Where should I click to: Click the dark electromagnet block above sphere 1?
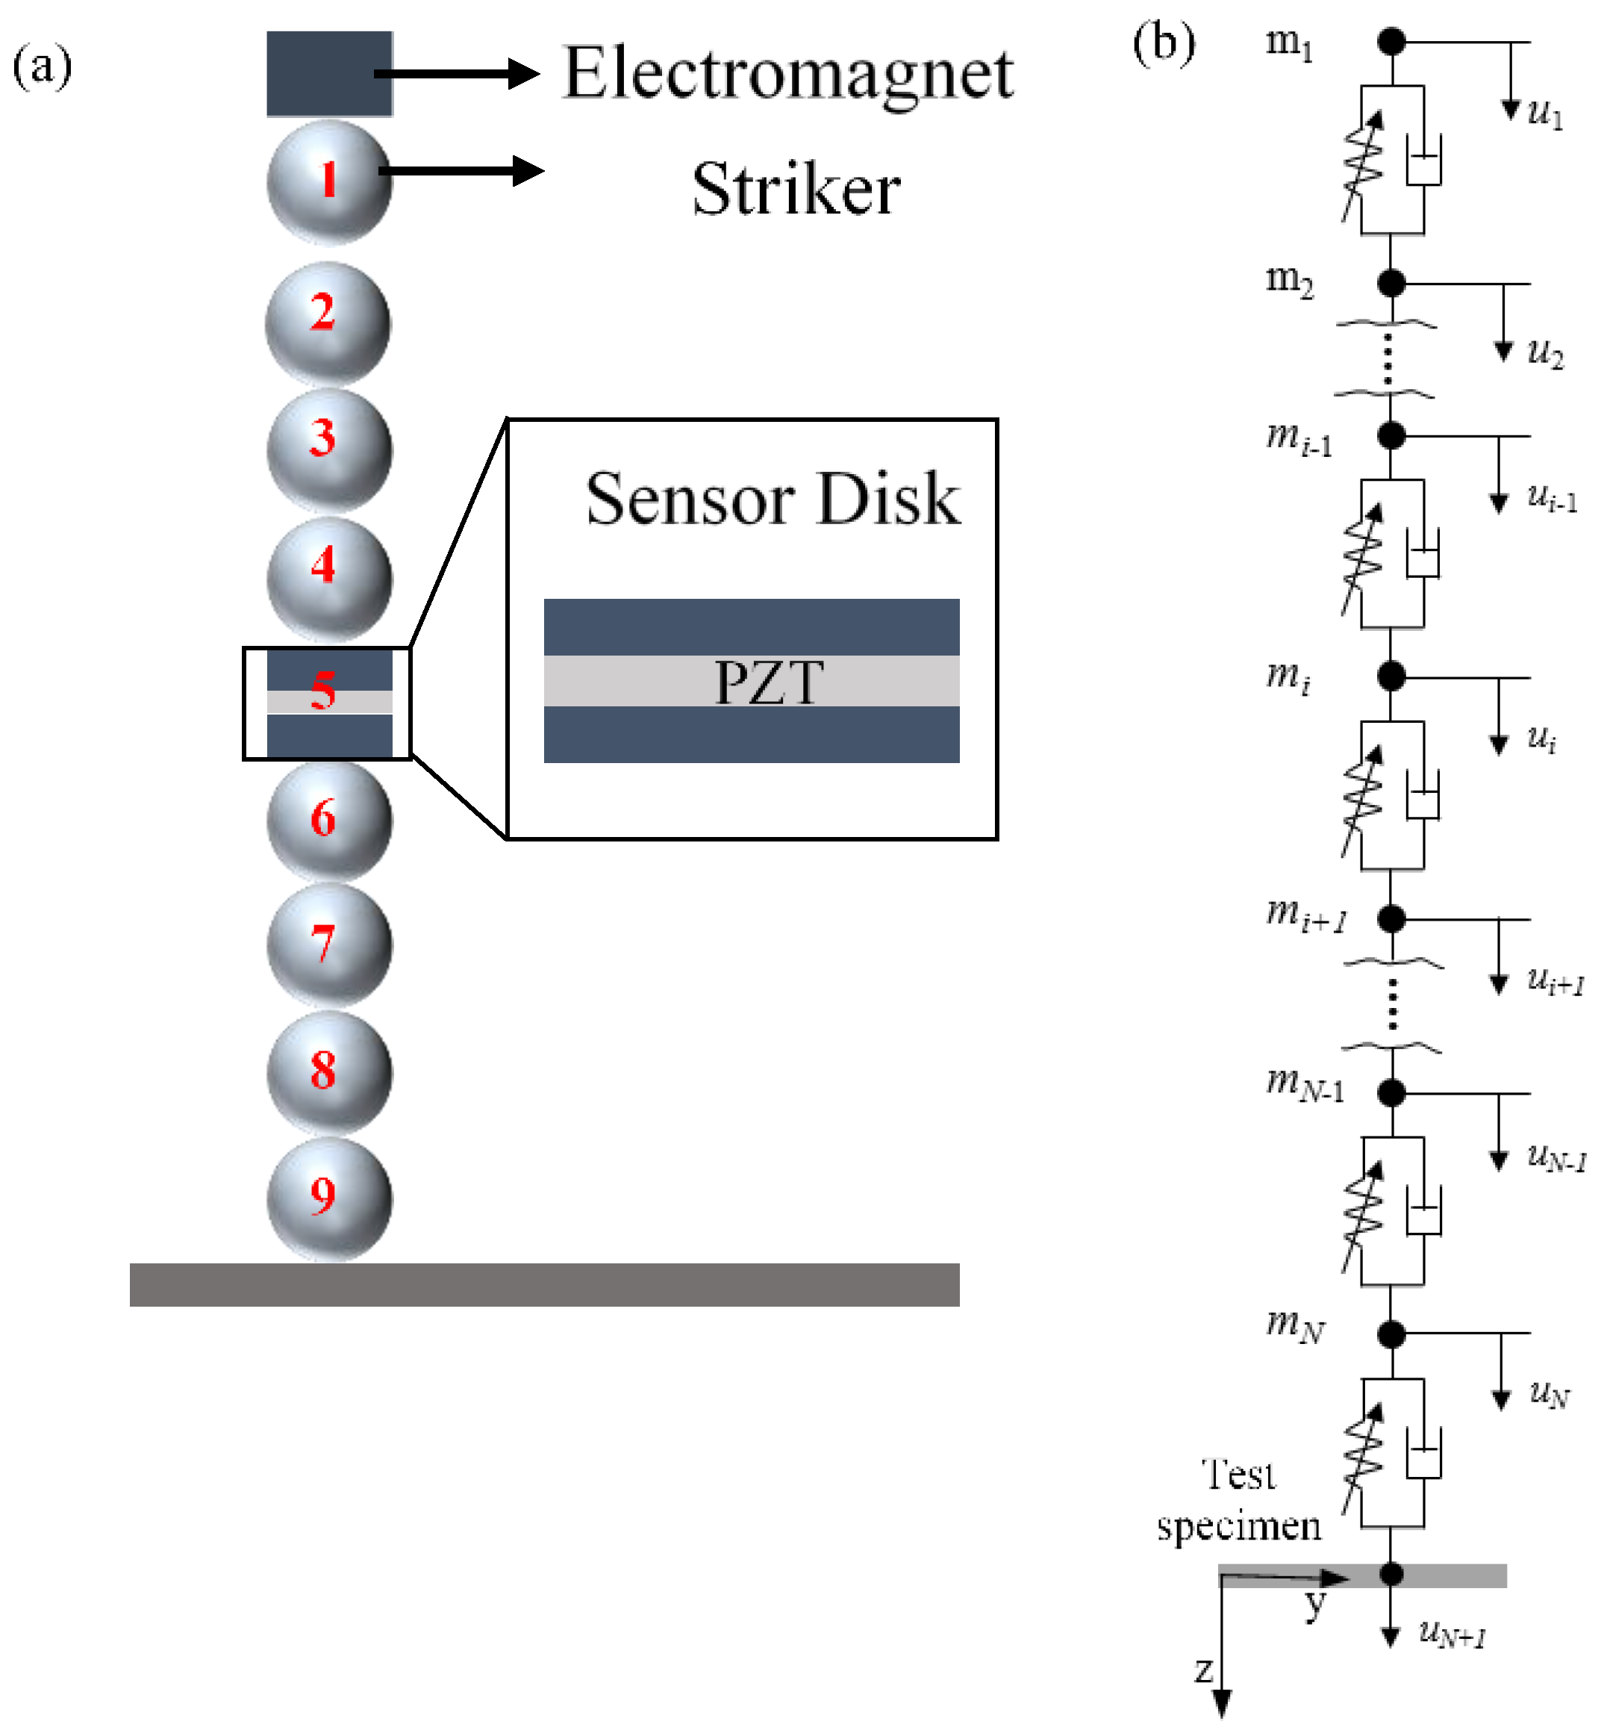point(329,74)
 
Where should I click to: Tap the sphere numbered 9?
point(329,1198)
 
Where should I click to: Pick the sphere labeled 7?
point(329,945)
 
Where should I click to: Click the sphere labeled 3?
point(329,449)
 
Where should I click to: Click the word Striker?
point(796,189)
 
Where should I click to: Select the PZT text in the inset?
point(769,682)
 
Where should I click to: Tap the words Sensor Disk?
point(772,500)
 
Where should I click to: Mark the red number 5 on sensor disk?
point(323,691)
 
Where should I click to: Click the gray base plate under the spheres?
point(544,1284)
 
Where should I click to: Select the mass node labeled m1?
point(1391,41)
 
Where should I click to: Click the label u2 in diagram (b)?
point(1545,352)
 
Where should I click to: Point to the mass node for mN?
point(1391,1334)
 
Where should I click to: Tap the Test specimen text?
point(1239,1499)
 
